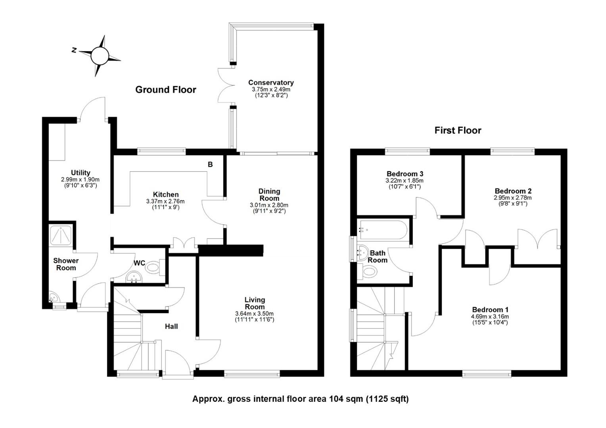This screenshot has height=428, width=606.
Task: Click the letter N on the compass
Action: tap(74, 50)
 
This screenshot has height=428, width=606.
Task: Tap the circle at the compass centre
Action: tap(100, 56)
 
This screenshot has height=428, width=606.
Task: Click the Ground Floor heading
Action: tap(165, 90)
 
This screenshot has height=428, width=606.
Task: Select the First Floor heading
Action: tap(458, 130)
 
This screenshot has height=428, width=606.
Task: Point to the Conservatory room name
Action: tap(271, 82)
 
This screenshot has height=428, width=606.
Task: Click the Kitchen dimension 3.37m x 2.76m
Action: tap(165, 201)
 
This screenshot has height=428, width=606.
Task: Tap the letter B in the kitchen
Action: tap(210, 164)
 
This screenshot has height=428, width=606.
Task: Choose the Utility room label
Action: tap(81, 172)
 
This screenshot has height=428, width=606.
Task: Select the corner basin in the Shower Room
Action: tap(54, 296)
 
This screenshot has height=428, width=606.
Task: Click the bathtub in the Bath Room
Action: tap(383, 230)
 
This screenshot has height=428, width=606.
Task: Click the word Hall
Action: tap(171, 326)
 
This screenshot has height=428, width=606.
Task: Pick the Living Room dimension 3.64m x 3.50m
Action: tap(254, 313)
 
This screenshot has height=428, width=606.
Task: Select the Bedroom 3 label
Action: tap(405, 174)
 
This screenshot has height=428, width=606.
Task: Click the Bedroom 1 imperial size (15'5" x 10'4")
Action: tap(490, 322)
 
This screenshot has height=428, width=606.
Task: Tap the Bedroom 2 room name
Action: tap(513, 191)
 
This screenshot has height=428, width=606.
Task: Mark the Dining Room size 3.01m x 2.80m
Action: tap(269, 205)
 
